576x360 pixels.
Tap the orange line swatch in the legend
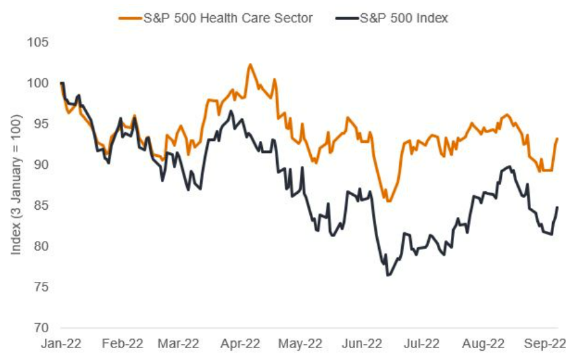point(130,18)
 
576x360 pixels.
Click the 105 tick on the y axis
point(38,42)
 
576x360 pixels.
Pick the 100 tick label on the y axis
point(38,83)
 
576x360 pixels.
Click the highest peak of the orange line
point(250,64)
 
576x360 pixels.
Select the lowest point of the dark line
point(388,275)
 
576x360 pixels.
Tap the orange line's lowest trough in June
point(389,201)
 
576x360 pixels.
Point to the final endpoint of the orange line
point(557,138)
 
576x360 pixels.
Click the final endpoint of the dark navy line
point(557,207)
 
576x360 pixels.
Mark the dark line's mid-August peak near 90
point(508,167)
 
